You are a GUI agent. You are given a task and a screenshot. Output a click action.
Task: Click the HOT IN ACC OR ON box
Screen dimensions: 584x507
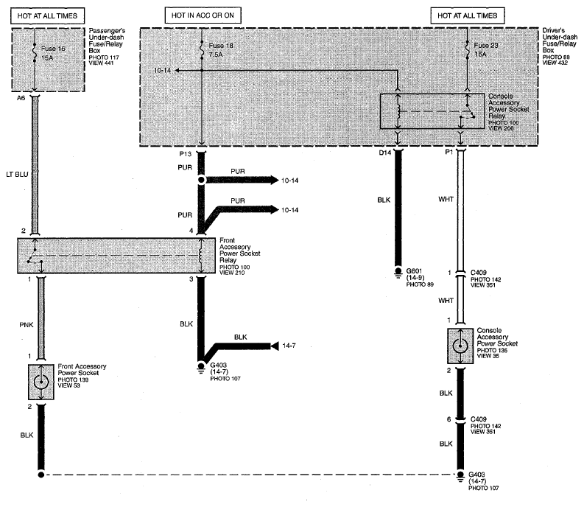coord(203,15)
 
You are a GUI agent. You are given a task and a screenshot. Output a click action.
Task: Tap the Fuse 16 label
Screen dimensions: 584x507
coord(53,49)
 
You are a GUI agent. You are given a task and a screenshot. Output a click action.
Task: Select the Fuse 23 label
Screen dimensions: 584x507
coord(485,46)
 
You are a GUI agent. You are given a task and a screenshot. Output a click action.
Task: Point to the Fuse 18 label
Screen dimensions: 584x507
coord(221,46)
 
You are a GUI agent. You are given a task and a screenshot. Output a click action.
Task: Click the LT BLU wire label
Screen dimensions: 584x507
coord(17,174)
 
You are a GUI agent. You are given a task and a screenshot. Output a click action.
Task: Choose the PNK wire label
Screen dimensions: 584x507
coord(27,325)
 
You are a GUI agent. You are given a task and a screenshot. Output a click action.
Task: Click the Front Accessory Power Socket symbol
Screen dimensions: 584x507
coord(41,382)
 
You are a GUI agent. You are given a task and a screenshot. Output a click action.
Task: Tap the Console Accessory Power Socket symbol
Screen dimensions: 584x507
coord(460,346)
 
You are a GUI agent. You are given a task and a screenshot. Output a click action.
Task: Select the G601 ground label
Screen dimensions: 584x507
coord(414,271)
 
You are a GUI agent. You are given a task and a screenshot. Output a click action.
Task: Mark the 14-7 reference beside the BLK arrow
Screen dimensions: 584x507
coord(289,346)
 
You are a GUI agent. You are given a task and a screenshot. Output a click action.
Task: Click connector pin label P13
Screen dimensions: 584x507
coord(185,154)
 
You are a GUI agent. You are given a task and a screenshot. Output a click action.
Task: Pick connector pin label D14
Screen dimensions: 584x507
coord(385,153)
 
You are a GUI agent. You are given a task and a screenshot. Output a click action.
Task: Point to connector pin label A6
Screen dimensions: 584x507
coord(21,98)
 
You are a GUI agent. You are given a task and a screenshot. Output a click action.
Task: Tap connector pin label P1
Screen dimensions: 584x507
coord(448,152)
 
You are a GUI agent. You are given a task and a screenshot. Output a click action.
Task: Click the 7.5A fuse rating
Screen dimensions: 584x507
coord(216,55)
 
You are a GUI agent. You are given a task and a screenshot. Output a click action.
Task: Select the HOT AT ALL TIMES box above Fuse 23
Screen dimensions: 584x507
coord(468,15)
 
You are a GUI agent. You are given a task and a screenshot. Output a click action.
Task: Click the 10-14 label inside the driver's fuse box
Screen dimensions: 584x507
coord(162,70)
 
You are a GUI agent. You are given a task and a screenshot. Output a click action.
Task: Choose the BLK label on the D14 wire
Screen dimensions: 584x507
coord(384,200)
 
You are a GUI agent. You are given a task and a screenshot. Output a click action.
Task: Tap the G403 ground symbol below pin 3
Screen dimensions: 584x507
coord(201,367)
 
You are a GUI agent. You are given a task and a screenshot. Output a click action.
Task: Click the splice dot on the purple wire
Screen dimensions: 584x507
coord(202,181)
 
